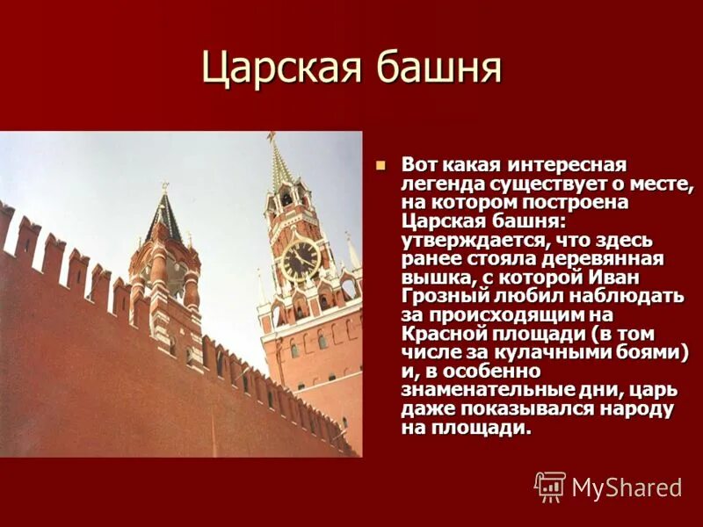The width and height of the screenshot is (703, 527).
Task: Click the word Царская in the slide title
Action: (x=282, y=69)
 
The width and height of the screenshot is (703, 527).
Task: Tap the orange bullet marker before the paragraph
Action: (x=380, y=165)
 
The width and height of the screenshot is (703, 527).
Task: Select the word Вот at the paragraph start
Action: (x=419, y=165)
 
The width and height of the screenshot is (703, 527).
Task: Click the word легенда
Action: (x=439, y=184)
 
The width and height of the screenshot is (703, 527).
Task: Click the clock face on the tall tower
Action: (x=301, y=260)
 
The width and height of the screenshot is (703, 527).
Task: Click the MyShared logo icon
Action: (x=550, y=487)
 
